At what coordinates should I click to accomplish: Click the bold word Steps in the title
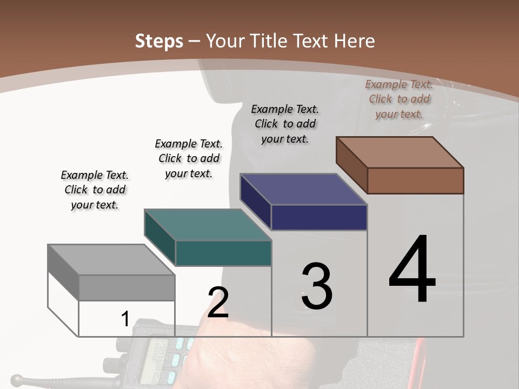point(159,41)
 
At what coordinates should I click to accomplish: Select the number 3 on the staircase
point(317,286)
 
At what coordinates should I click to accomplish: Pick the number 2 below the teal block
point(218,302)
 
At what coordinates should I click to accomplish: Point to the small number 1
point(125,319)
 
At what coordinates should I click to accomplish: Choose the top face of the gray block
point(111,259)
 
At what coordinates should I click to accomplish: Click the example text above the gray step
point(95,190)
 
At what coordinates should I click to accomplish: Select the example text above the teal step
point(189,158)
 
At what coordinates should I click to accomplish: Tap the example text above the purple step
point(285,124)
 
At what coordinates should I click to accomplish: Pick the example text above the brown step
point(399,99)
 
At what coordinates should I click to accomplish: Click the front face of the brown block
point(415,180)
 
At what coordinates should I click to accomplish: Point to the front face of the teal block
point(223,253)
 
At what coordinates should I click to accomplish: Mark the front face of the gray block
point(127,287)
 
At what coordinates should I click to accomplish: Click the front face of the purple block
point(319,217)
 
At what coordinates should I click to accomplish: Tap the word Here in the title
point(355,41)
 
